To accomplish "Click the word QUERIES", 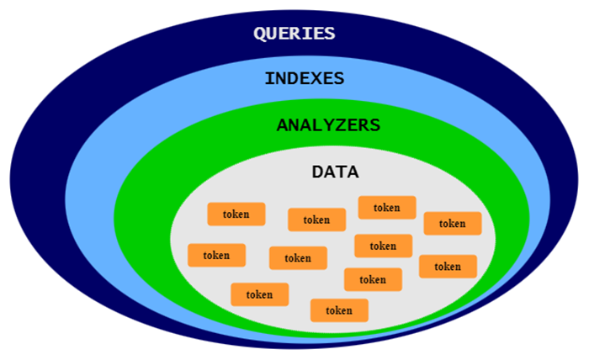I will (x=294, y=34).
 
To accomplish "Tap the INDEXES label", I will (x=305, y=78).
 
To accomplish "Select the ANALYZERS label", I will (x=328, y=125).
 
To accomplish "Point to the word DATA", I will (x=335, y=172).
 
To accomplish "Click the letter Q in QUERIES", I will (x=261, y=34).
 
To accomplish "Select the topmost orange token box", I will (x=387, y=207).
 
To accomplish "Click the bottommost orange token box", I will (x=339, y=310).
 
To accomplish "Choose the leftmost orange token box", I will (x=216, y=255).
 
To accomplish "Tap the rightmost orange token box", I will (x=452, y=223).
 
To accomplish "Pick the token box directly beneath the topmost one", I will (x=383, y=246).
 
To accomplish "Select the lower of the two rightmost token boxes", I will (x=448, y=267).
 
